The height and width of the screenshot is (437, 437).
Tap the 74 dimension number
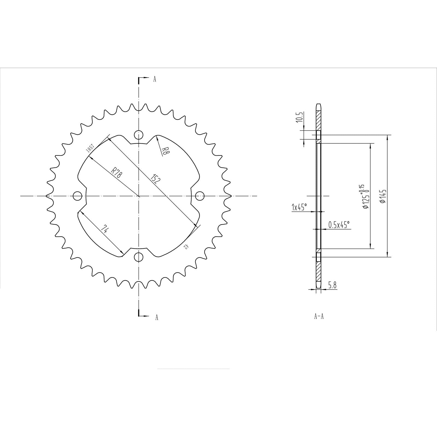coord(105,229)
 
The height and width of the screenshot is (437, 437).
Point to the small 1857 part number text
coord(90,148)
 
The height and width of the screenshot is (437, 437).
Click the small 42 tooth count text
coord(186,247)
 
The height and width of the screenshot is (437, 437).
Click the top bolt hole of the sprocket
coord(139,135)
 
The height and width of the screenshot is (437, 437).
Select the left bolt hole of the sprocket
coord(78,196)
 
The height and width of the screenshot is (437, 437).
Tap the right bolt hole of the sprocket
coord(200,196)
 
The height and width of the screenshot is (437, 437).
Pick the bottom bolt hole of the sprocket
coord(139,257)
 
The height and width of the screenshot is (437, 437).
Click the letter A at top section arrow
coord(155,79)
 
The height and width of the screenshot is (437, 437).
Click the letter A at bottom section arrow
coord(157,317)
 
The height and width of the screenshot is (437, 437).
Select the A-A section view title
coord(319,317)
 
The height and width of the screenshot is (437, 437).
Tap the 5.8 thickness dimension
coord(332,285)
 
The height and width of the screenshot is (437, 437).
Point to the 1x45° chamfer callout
coord(299,207)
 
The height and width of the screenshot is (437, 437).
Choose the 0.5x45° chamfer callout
coord(339,225)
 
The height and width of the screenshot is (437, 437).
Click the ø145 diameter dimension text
coord(382,196)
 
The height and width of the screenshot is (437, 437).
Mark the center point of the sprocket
coord(139,196)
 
